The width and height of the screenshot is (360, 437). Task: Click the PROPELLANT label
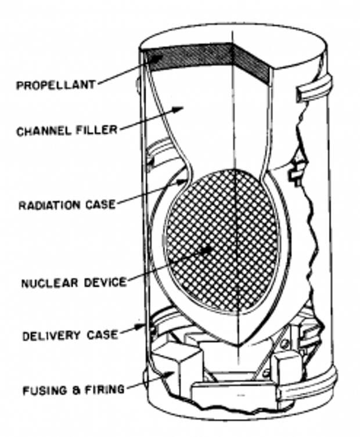point(56,86)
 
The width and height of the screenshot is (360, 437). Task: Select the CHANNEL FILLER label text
point(66,131)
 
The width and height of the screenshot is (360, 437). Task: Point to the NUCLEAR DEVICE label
point(73,284)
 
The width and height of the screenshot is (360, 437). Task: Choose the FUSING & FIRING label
point(73,389)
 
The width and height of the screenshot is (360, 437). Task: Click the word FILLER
point(98,131)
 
